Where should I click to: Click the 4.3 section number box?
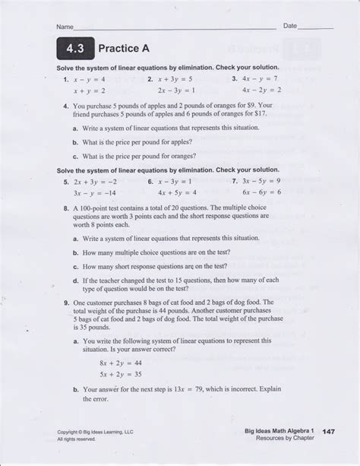click(x=72, y=49)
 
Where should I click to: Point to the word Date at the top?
click(x=290, y=25)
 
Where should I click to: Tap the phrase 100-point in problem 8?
click(x=95, y=207)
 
